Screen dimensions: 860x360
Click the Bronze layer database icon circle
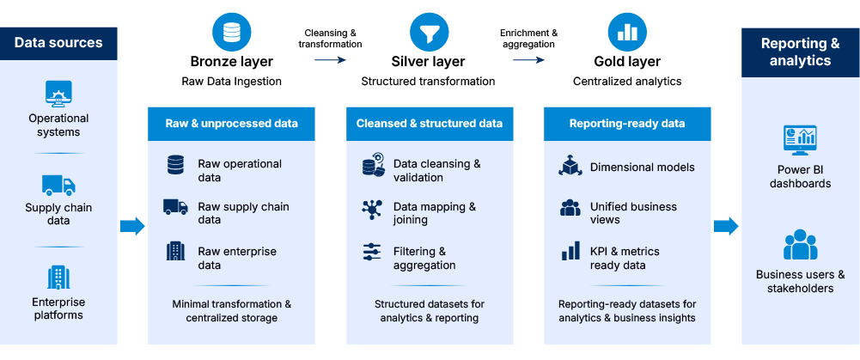(x=231, y=33)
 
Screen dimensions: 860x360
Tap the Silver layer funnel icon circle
(x=429, y=33)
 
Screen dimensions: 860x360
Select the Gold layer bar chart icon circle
(x=627, y=33)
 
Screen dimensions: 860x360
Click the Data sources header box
(x=58, y=43)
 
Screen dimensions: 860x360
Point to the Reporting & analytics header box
(x=800, y=52)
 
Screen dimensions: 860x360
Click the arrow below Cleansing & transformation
(x=330, y=60)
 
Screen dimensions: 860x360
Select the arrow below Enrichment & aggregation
(x=528, y=60)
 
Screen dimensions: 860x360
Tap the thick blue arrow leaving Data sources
(x=132, y=226)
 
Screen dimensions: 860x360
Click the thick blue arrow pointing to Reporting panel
(x=726, y=226)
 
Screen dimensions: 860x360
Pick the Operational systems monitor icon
(x=58, y=94)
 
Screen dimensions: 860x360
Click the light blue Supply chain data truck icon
(x=58, y=186)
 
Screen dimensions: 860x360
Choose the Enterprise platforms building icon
(x=58, y=278)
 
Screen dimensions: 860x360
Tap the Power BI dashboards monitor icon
(x=800, y=141)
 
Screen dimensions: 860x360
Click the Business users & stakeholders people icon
(x=800, y=245)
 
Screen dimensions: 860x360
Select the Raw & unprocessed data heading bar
(x=231, y=124)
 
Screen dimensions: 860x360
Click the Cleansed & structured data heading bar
(x=430, y=124)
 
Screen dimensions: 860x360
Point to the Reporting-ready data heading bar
(x=627, y=124)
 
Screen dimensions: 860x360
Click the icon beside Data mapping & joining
(x=372, y=210)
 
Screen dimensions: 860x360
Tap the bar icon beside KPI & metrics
(x=571, y=251)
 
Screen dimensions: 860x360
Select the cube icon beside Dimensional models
(x=570, y=166)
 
